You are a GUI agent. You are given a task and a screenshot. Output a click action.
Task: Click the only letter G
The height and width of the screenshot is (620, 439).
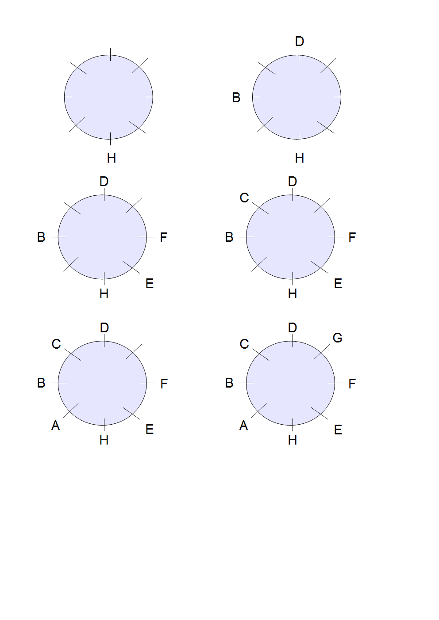click(337, 338)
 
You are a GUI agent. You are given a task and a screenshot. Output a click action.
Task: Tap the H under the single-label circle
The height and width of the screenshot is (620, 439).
click(112, 158)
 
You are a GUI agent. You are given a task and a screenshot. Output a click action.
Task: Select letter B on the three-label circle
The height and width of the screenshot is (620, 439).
click(236, 98)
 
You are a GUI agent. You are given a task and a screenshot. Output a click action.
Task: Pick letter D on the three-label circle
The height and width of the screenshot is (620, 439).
click(300, 42)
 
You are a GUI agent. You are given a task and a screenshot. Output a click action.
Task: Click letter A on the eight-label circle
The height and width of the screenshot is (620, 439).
click(243, 426)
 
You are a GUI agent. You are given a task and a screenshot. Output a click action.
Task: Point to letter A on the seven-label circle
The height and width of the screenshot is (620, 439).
click(55, 426)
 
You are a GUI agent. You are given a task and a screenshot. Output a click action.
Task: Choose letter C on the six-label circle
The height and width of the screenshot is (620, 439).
click(244, 198)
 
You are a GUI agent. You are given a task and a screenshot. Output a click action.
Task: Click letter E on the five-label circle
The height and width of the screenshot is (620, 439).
click(150, 284)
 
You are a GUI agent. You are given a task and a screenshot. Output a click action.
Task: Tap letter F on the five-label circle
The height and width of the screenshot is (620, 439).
click(164, 238)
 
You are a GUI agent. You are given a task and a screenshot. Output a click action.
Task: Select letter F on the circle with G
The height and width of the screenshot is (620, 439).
click(352, 384)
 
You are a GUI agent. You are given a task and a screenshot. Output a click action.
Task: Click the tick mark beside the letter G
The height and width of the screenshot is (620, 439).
click(322, 351)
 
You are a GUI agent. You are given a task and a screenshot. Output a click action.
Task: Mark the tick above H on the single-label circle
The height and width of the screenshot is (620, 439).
click(110, 139)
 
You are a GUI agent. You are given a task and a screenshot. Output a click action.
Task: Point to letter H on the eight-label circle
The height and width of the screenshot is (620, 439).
click(293, 440)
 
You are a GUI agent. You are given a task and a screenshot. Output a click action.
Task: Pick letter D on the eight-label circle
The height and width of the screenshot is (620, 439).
click(293, 328)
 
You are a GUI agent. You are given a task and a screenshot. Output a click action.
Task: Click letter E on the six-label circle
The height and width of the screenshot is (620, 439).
click(338, 284)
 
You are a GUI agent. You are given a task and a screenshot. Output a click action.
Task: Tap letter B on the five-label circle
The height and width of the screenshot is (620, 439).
click(41, 237)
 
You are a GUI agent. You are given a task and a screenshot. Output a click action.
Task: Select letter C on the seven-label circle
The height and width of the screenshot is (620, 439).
click(56, 344)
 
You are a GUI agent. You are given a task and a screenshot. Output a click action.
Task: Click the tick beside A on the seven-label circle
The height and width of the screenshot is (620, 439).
click(71, 411)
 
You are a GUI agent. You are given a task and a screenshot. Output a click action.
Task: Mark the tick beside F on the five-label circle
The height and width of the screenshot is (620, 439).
click(147, 237)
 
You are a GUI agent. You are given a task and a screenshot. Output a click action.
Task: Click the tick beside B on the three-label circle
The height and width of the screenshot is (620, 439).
click(253, 97)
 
